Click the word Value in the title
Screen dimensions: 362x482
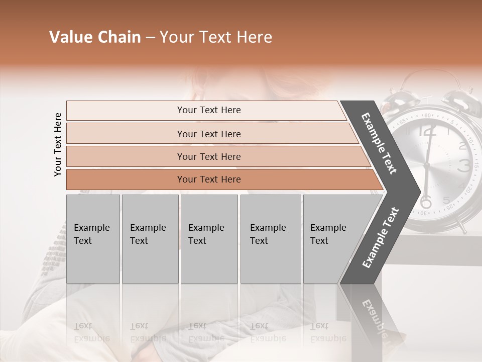click(69, 37)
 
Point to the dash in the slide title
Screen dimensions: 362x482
click(150, 38)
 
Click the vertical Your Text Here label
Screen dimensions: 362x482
click(58, 144)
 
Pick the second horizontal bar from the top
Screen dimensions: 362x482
click(209, 134)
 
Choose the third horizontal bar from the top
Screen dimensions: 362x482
click(209, 156)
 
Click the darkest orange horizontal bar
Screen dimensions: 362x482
click(209, 179)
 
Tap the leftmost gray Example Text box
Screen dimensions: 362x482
click(93, 239)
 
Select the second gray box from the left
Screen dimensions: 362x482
click(150, 239)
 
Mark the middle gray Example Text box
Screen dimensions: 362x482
click(209, 239)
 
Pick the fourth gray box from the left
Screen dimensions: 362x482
click(270, 239)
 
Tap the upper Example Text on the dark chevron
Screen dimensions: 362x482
click(379, 143)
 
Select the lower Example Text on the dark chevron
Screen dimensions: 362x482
click(380, 238)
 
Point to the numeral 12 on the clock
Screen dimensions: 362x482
click(427, 132)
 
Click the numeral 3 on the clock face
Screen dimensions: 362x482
click(464, 165)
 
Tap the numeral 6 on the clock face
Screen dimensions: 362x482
click(426, 202)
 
